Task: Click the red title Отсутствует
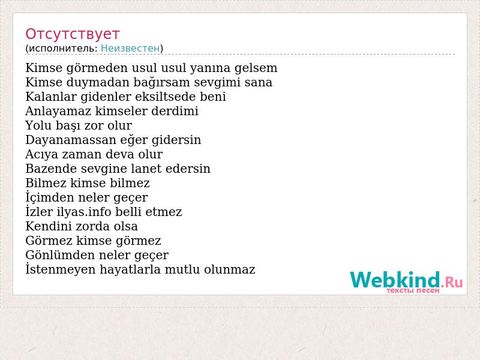click(72, 34)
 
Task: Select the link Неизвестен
click(130, 49)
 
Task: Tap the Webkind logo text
click(395, 280)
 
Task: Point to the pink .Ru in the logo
click(452, 281)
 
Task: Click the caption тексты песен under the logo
click(413, 290)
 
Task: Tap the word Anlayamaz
click(58, 112)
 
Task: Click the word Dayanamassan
click(71, 140)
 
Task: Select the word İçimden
click(50, 197)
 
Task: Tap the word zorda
click(93, 227)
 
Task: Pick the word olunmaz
click(230, 269)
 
